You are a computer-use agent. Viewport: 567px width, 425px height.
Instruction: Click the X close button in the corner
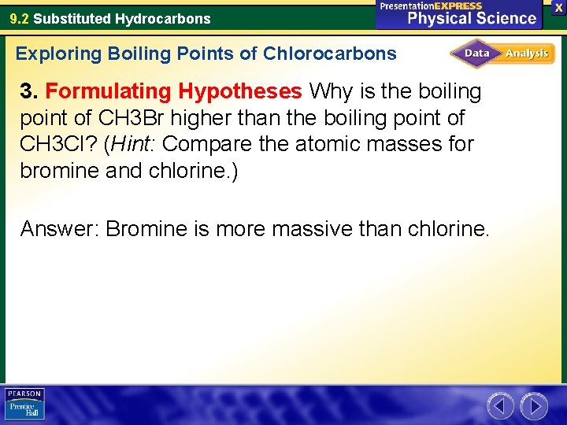(559, 6)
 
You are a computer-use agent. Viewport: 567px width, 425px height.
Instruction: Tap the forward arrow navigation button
(534, 406)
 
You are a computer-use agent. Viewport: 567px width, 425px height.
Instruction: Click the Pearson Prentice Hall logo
(25, 405)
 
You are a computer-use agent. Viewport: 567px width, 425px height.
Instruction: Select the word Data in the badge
(476, 54)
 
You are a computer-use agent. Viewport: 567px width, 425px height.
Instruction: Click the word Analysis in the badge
(527, 54)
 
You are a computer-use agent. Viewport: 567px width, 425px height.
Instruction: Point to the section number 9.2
(20, 18)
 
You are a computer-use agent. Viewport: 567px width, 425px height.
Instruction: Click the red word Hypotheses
(239, 92)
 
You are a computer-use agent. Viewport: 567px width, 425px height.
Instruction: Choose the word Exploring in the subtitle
(59, 54)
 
